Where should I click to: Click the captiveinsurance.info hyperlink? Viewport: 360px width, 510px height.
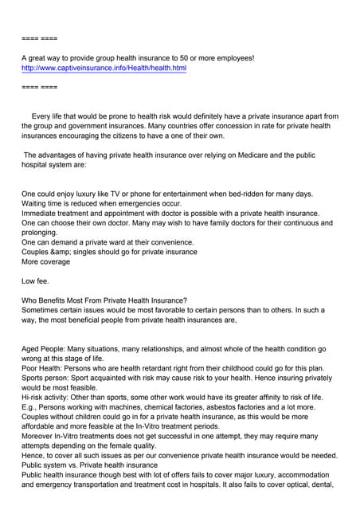(x=104, y=69)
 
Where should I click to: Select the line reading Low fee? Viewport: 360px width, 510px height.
(x=37, y=280)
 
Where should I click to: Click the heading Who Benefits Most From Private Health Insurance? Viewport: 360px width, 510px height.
(x=104, y=300)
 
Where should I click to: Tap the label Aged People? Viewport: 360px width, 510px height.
(x=45, y=349)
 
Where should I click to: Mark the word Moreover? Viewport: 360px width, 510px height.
(x=40, y=436)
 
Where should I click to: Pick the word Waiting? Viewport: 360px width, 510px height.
(x=37, y=203)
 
